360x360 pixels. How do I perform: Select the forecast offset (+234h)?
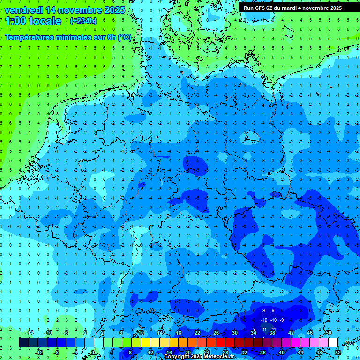(83, 21)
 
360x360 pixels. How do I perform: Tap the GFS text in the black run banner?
(260, 8)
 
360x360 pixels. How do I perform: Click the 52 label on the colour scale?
(338, 352)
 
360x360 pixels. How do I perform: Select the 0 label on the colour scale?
(93, 352)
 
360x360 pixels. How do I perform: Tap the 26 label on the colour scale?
(216, 333)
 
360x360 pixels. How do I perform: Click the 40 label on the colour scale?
(281, 352)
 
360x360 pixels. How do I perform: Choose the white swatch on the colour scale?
(333, 343)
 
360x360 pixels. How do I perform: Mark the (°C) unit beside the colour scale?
(348, 343)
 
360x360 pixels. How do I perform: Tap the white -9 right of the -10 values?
(282, 320)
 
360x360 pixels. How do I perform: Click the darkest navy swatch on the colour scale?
(23, 343)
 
